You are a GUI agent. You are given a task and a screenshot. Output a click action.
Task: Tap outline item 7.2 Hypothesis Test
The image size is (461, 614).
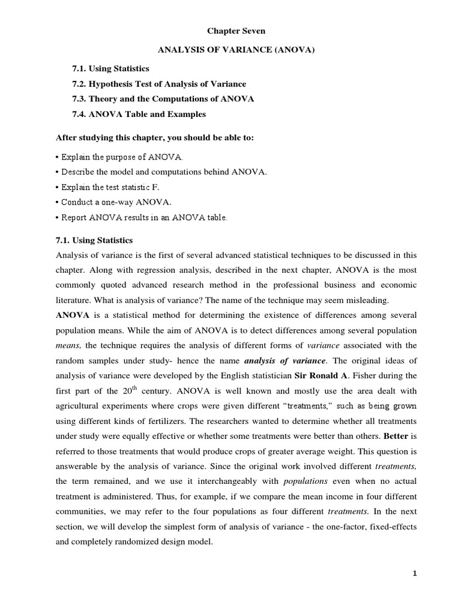coord(159,84)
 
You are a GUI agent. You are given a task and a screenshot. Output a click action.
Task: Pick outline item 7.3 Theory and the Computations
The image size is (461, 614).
coord(163,99)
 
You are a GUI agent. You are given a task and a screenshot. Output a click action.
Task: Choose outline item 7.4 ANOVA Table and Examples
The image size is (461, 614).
coord(139,114)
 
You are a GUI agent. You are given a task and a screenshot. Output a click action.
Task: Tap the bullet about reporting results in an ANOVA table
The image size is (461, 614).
coord(142,218)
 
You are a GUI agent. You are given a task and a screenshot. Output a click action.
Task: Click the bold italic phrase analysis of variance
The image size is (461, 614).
coord(285,360)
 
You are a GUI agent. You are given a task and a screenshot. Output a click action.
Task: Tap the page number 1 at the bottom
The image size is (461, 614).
coord(414,573)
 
